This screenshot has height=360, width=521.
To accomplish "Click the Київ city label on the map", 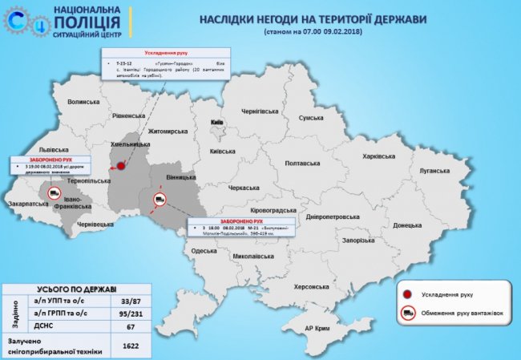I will (x=216, y=122).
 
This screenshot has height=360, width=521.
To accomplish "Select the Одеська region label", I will (x=204, y=251).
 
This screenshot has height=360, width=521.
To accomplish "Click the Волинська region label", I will (x=83, y=103).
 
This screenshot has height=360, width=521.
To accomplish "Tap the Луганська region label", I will (x=435, y=171).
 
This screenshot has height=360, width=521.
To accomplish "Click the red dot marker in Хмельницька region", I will (x=121, y=167).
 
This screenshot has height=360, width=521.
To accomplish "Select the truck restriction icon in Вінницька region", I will (x=160, y=199).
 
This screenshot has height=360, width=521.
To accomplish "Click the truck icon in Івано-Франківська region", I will (x=55, y=193).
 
